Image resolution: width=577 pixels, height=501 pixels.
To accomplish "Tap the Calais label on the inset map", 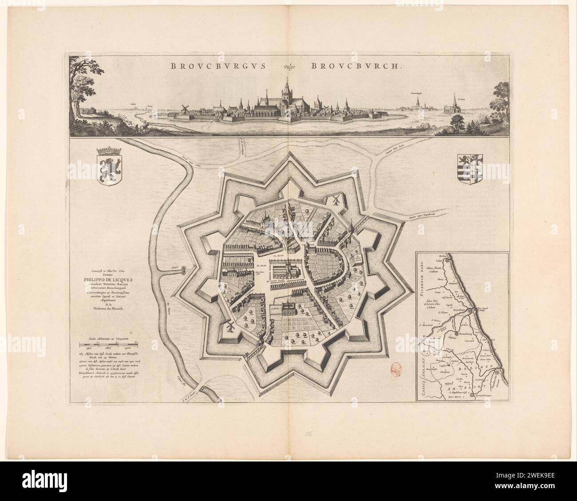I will point(439,261).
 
